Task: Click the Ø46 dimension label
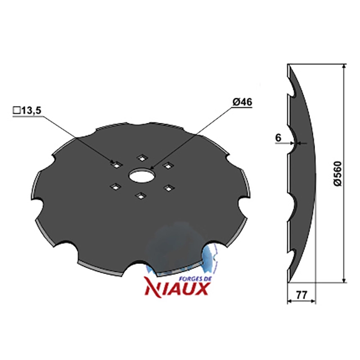[x=242, y=102]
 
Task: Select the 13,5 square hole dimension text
[x=31, y=110]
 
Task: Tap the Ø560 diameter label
[x=338, y=174]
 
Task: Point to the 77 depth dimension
[x=301, y=295]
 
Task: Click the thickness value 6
[x=278, y=138]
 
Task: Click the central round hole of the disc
[x=141, y=176]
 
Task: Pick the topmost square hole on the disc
[x=142, y=158]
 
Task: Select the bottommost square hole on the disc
[x=141, y=196]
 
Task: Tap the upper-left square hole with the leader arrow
[x=117, y=165]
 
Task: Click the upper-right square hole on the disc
[x=168, y=165]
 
